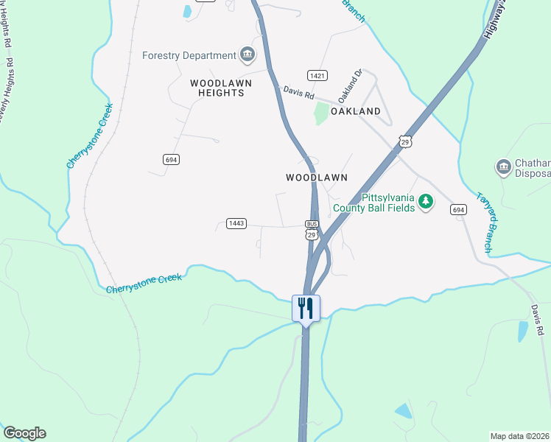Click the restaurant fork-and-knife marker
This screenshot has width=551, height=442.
[306, 307]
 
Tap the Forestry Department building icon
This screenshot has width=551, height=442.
[248, 54]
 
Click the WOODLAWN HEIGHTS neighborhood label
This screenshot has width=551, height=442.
[220, 88]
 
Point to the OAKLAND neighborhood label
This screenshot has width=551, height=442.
[356, 111]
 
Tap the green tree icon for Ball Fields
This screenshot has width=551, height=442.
[425, 200]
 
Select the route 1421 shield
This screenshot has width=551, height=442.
[317, 76]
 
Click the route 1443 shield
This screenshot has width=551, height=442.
[236, 223]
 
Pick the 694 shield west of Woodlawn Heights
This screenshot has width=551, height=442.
[172, 159]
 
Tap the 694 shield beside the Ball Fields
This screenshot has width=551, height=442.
[458, 209]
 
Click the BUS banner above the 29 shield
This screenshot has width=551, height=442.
[312, 224]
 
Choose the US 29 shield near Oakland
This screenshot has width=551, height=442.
[404, 140]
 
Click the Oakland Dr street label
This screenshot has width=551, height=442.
[351, 85]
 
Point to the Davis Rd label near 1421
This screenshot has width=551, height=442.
[298, 93]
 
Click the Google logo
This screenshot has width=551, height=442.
[24, 433]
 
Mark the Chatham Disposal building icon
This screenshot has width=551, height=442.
[504, 167]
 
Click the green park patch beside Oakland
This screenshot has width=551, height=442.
[321, 113]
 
